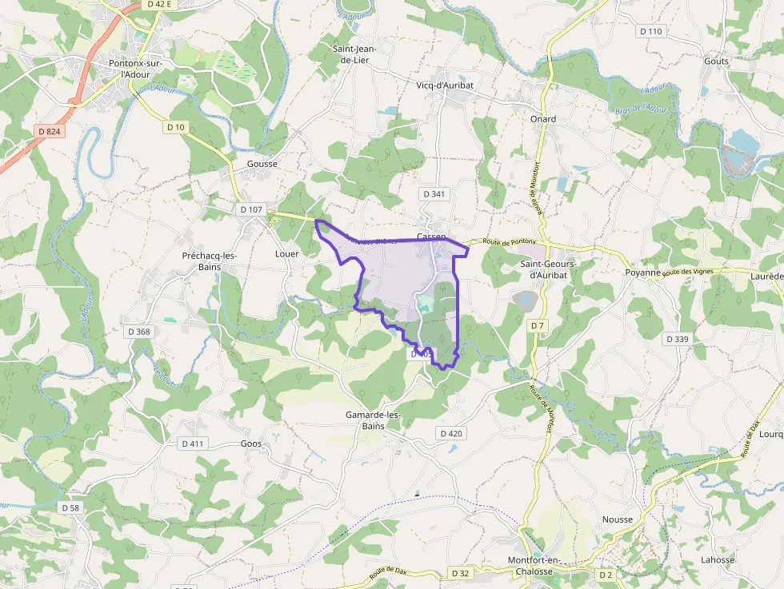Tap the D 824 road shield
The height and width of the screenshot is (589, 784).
[x=49, y=131]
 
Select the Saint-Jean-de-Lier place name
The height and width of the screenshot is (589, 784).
[x=354, y=54]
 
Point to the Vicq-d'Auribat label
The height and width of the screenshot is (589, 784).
[x=445, y=85]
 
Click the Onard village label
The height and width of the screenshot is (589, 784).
[x=542, y=119]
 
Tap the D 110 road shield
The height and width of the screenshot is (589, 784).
[x=651, y=31]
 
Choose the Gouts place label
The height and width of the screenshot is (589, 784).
[x=716, y=61]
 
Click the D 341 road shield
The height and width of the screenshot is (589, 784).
[x=433, y=194]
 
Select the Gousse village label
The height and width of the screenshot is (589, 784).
[x=262, y=164]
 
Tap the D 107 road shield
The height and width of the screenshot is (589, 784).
[x=250, y=209]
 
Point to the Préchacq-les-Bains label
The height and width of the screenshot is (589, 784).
[x=210, y=261]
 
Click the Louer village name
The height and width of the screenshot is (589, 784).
[x=286, y=254]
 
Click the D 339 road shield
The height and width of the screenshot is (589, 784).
[x=677, y=339]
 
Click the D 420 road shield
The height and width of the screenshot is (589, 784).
[x=450, y=433]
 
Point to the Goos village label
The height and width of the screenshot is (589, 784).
[x=251, y=444]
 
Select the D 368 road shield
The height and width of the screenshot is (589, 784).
[x=138, y=332]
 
